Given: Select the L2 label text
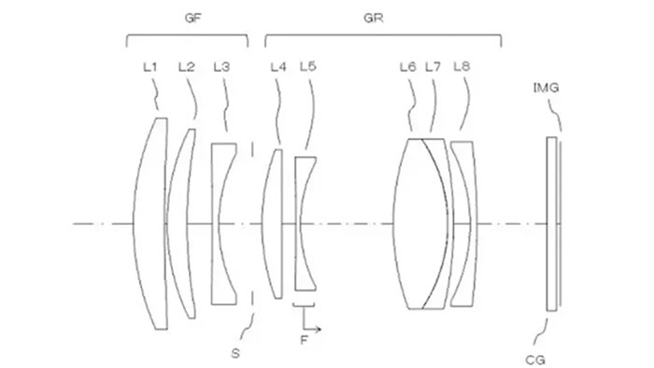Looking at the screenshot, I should pos(186,66).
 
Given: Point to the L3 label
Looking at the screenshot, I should pos(221,66).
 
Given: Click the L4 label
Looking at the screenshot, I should pos(277,66).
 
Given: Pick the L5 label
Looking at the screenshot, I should pos(308,66).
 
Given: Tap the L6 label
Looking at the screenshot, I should pos(407,66).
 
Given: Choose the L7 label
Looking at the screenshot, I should pos(433,66).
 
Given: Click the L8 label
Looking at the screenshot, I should pos(461,66).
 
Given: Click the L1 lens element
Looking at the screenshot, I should pos(153,224).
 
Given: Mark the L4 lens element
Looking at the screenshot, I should pos(273,224).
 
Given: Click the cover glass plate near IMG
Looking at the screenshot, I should pos(552,224).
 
